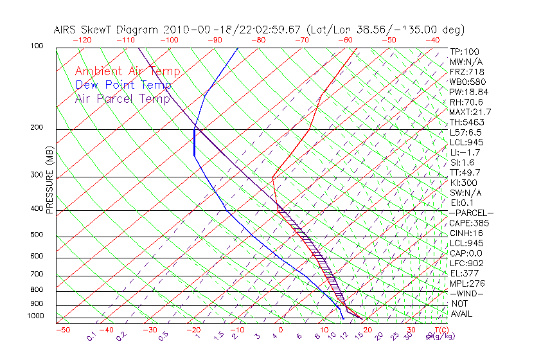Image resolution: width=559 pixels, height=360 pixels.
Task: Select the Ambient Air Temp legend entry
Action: click(127, 71)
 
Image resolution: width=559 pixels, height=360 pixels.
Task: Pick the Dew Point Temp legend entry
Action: click(123, 85)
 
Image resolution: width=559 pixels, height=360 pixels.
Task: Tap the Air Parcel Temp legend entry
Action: click(122, 98)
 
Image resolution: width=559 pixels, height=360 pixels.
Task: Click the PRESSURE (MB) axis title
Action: click(49, 183)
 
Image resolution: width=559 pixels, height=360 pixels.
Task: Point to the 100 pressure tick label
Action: click(37, 46)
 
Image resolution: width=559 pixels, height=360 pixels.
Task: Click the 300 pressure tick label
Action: click(37, 175)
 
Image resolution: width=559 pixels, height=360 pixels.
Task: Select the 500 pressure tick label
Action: click(37, 235)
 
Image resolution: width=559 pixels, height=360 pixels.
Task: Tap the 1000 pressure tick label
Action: click(35, 316)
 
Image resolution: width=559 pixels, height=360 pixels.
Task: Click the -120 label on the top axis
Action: click(82, 39)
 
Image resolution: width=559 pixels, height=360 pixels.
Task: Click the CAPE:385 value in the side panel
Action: click(469, 223)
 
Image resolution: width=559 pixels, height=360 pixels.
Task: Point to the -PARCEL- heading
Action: click(471, 213)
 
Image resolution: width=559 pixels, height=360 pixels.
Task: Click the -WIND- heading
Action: click(467, 293)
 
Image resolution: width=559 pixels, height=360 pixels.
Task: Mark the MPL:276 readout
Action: click(467, 283)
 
